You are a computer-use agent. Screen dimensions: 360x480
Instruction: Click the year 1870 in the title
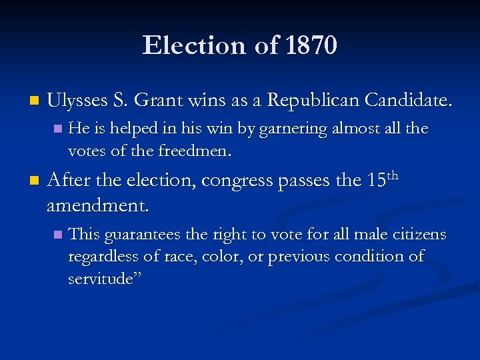click(311, 46)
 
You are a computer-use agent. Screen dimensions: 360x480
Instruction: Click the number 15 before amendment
click(375, 180)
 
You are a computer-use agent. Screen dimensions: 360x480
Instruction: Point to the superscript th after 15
click(392, 175)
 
